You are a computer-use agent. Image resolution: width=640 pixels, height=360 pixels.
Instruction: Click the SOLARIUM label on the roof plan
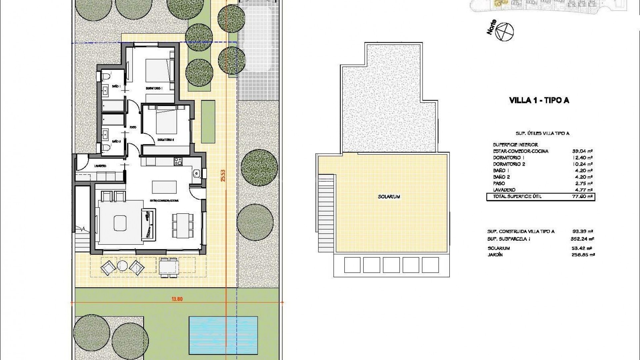coord(389,197)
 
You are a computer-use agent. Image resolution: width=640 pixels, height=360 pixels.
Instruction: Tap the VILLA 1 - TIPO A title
coord(539,100)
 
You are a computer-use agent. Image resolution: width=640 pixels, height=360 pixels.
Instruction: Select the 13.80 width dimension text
coord(177,299)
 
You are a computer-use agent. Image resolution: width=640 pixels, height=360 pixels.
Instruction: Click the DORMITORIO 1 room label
coord(154,88)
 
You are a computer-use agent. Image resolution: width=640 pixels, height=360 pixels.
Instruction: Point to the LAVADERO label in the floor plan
coord(100,166)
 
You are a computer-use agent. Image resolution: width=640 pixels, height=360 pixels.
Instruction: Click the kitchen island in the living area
coord(165,187)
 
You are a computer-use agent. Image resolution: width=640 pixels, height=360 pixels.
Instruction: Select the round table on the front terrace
coord(122,266)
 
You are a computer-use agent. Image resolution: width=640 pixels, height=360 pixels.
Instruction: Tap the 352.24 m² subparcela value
coord(582,239)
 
